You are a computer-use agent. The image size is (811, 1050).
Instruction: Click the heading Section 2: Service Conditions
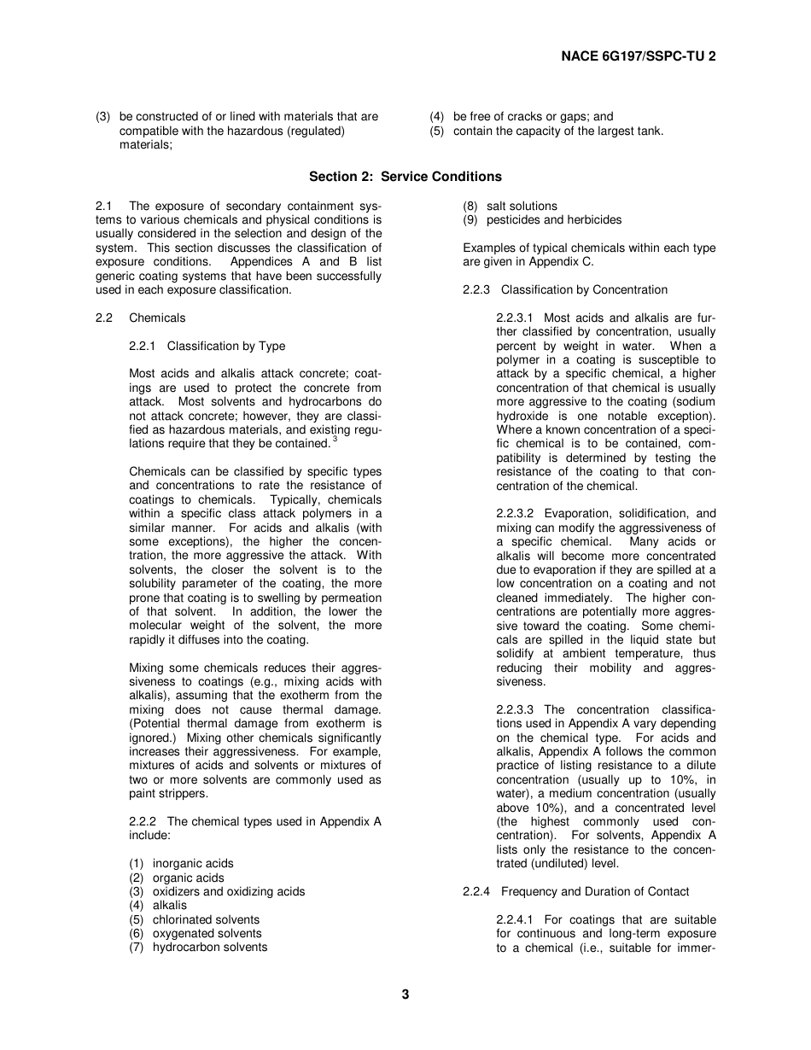click(x=405, y=177)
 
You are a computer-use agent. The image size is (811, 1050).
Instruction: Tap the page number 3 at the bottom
click(x=405, y=994)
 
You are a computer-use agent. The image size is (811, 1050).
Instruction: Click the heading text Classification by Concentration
click(x=584, y=290)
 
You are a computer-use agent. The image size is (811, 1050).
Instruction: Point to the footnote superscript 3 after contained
click(x=335, y=440)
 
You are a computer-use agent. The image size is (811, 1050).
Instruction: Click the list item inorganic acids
click(x=193, y=864)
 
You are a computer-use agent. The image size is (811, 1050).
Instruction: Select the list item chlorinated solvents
click(x=206, y=919)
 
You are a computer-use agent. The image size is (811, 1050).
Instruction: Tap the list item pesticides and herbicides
click(x=554, y=220)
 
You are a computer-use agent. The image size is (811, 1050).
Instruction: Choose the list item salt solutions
click(x=522, y=207)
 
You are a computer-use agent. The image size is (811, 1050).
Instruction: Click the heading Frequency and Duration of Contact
click(x=594, y=892)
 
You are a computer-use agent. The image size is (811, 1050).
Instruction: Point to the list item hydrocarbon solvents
click(x=210, y=947)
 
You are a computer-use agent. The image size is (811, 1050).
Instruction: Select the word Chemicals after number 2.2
click(x=157, y=318)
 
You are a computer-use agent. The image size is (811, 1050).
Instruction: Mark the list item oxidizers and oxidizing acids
click(x=229, y=891)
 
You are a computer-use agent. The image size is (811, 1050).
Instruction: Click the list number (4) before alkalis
click(x=136, y=906)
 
